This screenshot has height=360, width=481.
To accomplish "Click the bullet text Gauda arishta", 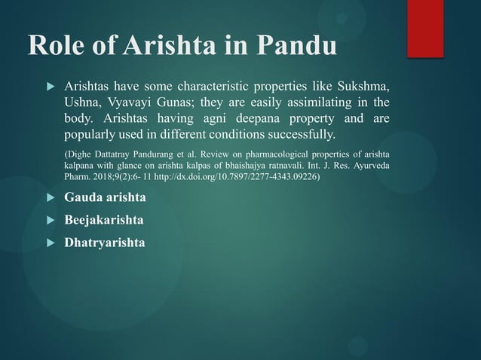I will pyautogui.click(x=105, y=197).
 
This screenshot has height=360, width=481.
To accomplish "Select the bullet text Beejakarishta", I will pyautogui.click(x=105, y=221).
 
